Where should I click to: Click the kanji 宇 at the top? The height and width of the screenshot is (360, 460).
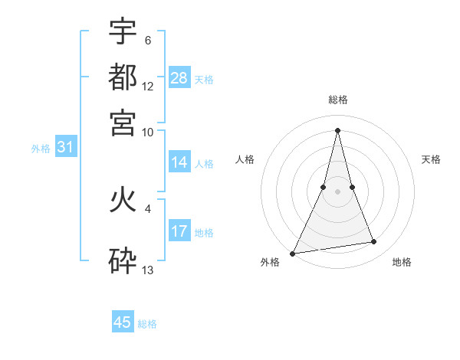coord(123,31)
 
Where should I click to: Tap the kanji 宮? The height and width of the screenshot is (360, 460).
coord(123,122)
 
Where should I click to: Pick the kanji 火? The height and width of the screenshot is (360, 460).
coord(123,201)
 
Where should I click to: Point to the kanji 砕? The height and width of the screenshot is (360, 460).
coord(123,260)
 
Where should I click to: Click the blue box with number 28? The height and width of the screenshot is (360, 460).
coord(179,77)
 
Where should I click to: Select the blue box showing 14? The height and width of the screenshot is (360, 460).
coord(179,162)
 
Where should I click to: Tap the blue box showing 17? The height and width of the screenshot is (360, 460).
coord(179,231)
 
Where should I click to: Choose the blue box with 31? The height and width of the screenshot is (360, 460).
coord(65,148)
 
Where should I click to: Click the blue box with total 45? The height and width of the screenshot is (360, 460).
coord(123,322)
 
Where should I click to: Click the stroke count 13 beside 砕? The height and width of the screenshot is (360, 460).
coord(148,270)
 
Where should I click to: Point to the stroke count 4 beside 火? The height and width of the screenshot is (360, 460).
coord(147,208)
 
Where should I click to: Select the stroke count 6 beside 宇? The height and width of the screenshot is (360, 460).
coord(147,40)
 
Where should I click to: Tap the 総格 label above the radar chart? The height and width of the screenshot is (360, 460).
coord(338,100)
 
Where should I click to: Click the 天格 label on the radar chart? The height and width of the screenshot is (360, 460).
coord(431,159)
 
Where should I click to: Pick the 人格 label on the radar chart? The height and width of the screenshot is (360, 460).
coord(245,159)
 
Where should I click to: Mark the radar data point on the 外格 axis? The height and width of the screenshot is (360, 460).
coord(293,253)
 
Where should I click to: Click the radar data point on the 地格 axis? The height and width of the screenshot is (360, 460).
coord(374,242)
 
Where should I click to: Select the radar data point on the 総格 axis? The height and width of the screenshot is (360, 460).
coord(338,130)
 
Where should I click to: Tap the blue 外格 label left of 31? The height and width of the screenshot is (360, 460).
coord(40,149)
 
